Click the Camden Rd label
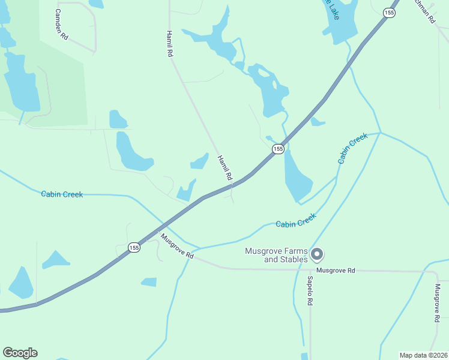tap(61, 25)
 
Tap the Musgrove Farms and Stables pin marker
tap(317, 255)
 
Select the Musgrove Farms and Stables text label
tap(276, 255)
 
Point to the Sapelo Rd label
tap(310, 291)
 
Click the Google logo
tap(20, 353)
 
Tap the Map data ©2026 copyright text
tap(423, 355)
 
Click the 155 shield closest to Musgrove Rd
tap(134, 247)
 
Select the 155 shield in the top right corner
tap(390, 12)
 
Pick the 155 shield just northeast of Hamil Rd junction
tap(278, 148)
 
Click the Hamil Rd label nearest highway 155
tap(224, 167)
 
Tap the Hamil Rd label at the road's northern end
tap(170, 43)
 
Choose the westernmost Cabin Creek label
tap(62, 194)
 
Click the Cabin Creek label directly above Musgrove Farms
tap(295, 223)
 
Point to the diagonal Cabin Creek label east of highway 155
tap(352, 149)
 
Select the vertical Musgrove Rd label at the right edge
tap(437, 304)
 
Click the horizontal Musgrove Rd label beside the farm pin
tap(336, 271)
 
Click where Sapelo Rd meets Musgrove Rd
tap(311, 269)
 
